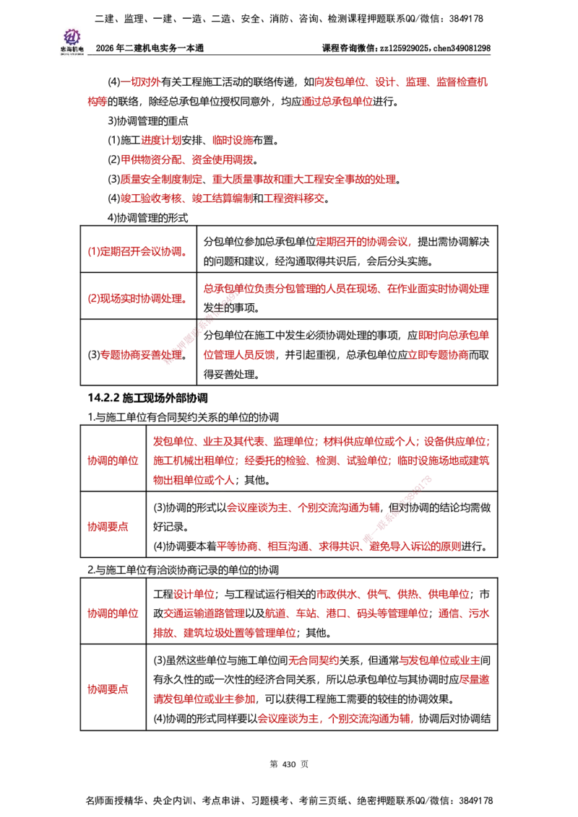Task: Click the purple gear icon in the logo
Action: coord(72,36)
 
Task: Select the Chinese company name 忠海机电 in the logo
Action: coord(72,49)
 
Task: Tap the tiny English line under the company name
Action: coord(72,55)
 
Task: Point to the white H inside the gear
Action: coord(72,36)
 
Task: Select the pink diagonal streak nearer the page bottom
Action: coord(397,509)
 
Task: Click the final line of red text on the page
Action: coord(335,719)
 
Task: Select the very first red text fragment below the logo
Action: coord(141,82)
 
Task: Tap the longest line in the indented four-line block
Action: coord(259,178)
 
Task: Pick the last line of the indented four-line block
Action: coord(223,197)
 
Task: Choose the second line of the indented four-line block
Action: coord(186,160)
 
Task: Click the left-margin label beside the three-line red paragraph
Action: coord(112,460)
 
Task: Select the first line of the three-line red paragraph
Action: coord(321,441)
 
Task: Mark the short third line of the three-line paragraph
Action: coord(194,479)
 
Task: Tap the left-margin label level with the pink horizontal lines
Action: coord(108,528)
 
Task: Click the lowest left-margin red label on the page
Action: coord(108,690)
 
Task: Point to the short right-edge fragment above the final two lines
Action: coord(475,680)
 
